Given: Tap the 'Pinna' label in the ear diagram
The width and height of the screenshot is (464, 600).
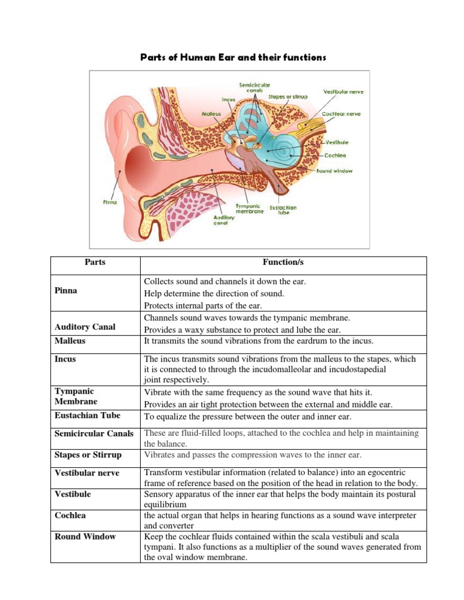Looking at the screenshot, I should pyautogui.click(x=109, y=202).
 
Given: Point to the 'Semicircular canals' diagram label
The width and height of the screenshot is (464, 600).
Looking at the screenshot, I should pyautogui.click(x=239, y=88).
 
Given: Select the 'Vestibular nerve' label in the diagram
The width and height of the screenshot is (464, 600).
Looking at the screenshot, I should pyautogui.click(x=341, y=92).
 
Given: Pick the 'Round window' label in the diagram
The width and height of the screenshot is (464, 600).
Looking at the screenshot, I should pyautogui.click(x=335, y=171).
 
